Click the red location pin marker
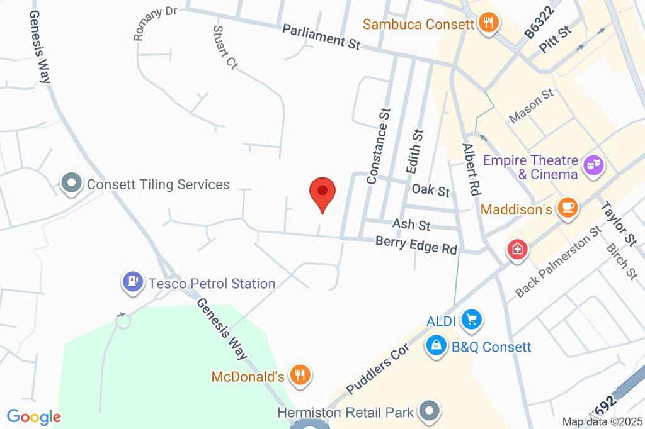[322, 192]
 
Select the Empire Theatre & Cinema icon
[593, 165]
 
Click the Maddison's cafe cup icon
[568, 208]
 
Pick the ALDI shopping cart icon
[470, 321]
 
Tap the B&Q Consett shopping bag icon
[435, 345]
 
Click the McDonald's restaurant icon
[300, 376]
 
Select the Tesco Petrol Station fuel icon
[132, 282]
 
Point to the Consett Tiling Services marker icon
[71, 184]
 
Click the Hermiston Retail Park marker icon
[430, 412]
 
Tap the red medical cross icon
[517, 248]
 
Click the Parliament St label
[321, 36]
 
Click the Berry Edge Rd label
[416, 244]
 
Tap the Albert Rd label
[471, 168]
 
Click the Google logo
[34, 416]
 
